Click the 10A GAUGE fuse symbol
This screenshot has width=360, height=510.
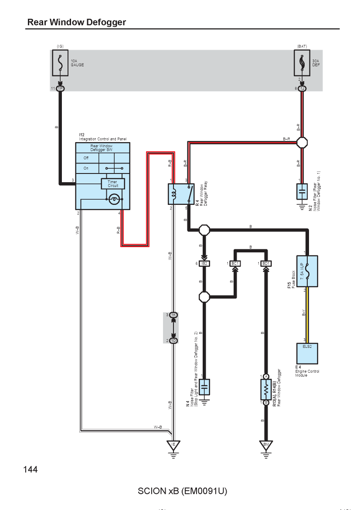(60, 63)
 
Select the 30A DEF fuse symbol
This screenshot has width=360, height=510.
(302, 63)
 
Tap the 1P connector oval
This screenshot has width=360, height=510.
(60, 88)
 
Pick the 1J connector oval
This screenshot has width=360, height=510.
(302, 88)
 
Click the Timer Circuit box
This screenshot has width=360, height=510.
(113, 184)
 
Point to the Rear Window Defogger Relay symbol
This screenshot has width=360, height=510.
(181, 194)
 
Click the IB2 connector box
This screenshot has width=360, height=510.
(204, 263)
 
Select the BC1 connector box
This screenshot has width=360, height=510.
(235, 263)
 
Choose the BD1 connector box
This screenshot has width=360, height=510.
(266, 263)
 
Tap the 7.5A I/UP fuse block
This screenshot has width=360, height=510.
(307, 271)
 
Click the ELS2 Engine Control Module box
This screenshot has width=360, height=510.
(307, 354)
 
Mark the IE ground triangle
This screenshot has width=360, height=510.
(173, 445)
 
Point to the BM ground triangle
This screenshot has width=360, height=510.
(266, 445)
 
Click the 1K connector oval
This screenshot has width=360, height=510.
(173, 315)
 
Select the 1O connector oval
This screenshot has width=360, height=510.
(173, 340)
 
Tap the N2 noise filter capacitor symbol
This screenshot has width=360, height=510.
(302, 192)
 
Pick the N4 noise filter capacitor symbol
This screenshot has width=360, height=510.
(204, 387)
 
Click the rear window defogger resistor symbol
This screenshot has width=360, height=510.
(266, 390)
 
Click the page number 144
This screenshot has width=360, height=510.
(30, 469)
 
